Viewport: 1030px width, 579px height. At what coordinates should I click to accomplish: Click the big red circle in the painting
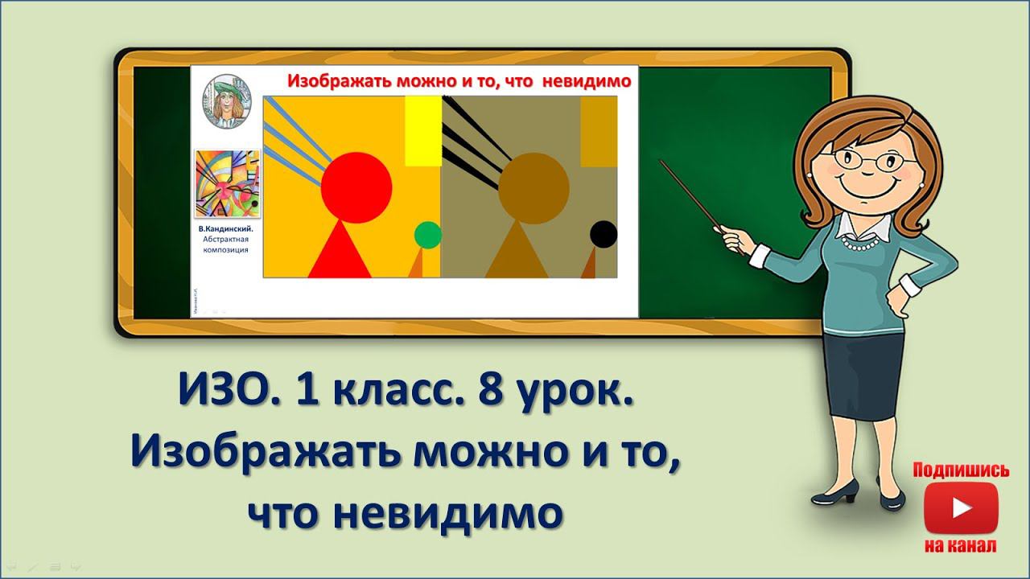[356, 187]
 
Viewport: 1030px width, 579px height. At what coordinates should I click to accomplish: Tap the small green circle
[428, 235]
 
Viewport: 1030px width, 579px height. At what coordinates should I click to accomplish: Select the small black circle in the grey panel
[604, 234]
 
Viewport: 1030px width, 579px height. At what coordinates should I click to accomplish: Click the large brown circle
[534, 187]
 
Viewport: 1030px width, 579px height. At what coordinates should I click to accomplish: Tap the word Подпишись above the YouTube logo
[961, 470]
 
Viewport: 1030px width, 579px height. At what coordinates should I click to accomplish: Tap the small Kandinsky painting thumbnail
[227, 184]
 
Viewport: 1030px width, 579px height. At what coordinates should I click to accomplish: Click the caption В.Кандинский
[226, 229]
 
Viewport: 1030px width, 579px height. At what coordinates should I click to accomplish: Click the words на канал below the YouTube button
[961, 546]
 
